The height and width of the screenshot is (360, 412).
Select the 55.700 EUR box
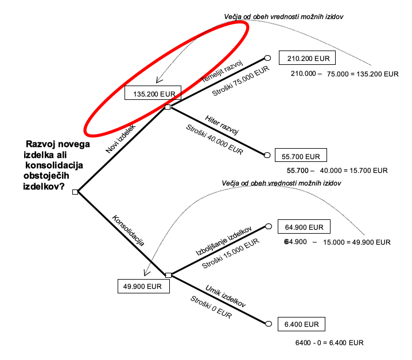304,156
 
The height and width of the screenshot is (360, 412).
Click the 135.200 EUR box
153,94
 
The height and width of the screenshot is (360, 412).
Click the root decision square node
75,192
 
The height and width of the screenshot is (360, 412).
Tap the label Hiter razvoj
221,124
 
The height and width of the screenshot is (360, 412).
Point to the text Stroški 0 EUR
211,307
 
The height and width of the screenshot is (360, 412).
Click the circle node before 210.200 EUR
267,58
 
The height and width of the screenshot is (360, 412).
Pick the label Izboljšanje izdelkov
224,241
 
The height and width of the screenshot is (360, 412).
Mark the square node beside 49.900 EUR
168,276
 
